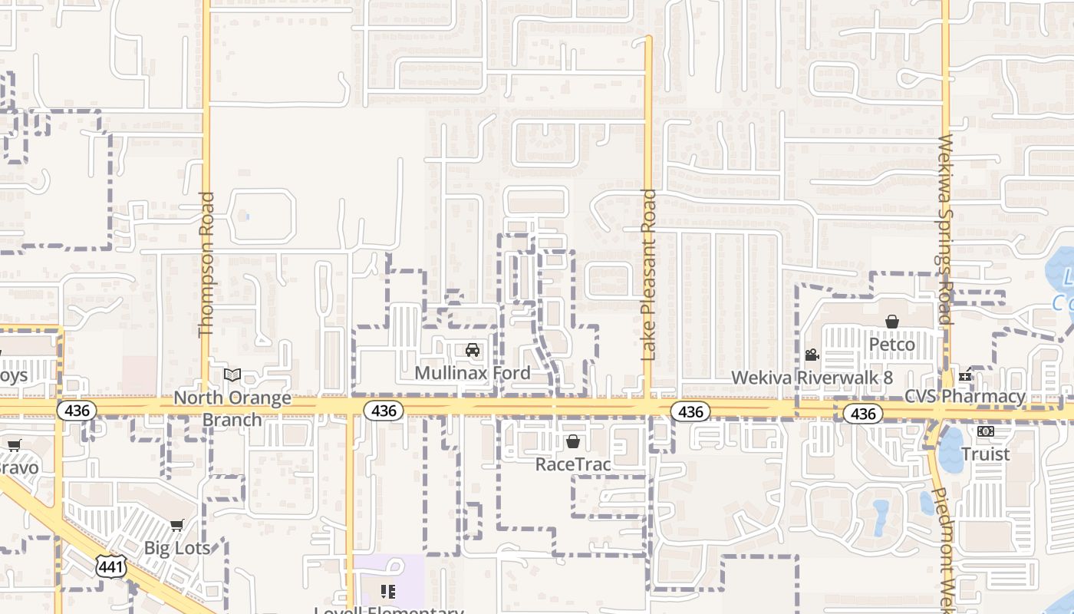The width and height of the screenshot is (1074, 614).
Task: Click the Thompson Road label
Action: pos(206,264)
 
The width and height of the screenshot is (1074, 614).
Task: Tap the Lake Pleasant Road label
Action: pos(649,275)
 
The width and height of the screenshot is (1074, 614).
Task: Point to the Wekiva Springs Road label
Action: pos(945,230)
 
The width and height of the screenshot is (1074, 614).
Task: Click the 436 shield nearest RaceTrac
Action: pos(690,412)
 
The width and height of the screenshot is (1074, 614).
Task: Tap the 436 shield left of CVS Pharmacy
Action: pos(863,414)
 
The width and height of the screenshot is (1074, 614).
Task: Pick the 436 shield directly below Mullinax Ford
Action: pos(384,411)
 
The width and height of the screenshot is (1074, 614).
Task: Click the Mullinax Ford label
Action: pos(472,373)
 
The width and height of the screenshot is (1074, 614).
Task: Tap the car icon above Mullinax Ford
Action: pos(473,351)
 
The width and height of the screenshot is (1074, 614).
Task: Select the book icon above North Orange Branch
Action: pos(232,375)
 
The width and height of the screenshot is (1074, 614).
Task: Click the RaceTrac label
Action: pos(573,464)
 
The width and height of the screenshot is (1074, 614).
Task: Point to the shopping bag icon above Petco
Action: pos(892,322)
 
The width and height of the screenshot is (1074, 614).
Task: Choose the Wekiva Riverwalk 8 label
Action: pos(812,378)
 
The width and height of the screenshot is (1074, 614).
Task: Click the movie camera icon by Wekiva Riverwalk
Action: pos(812,355)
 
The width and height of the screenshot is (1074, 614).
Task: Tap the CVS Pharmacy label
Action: pos(965,397)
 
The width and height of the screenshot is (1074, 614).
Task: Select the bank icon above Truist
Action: pos(986,431)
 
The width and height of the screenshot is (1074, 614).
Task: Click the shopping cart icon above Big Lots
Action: pos(177,526)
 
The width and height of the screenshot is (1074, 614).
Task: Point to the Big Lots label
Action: pos(177,548)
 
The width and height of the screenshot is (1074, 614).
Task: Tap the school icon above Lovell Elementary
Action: pos(388,592)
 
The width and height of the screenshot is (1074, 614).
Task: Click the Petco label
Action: pos(892,345)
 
